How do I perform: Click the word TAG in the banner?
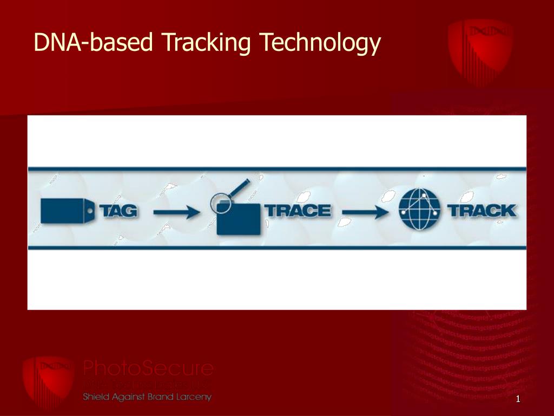click(x=117, y=211)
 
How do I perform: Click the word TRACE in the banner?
click(x=299, y=211)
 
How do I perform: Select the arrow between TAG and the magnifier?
click(x=176, y=212)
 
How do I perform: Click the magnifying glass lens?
click(x=220, y=204)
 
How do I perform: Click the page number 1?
click(x=518, y=400)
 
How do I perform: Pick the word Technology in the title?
click(x=320, y=42)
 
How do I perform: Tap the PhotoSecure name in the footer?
click(x=148, y=369)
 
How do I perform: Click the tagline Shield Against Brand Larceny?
click(x=147, y=397)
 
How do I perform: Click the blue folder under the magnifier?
click(x=238, y=221)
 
